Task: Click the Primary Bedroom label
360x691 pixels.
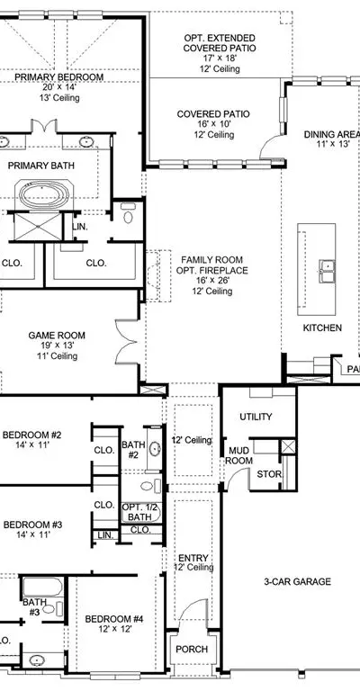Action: (x=59, y=77)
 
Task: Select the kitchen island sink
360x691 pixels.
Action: (x=327, y=271)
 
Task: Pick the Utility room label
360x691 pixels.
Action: (x=256, y=417)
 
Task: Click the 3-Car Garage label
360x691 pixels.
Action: (x=297, y=582)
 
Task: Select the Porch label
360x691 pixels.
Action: (x=192, y=649)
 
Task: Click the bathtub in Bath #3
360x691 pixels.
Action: (x=42, y=587)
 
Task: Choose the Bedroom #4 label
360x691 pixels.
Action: (x=114, y=619)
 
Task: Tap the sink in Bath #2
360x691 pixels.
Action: (x=155, y=450)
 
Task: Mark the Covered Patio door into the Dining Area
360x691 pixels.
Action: (x=271, y=147)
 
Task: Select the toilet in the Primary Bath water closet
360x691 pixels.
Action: (x=128, y=213)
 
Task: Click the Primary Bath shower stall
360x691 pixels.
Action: (x=38, y=227)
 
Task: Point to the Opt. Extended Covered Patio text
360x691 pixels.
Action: (x=219, y=43)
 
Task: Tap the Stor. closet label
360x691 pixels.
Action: (x=269, y=475)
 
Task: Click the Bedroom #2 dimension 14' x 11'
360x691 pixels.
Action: (x=31, y=445)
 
